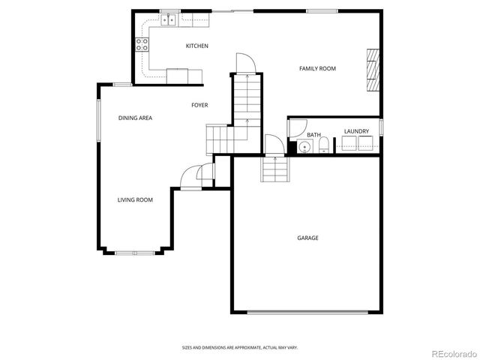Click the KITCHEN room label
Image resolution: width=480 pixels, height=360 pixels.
(x=197, y=46)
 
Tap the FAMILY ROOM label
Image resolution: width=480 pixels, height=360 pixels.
(x=317, y=69)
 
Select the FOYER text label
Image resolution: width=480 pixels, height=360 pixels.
(x=199, y=105)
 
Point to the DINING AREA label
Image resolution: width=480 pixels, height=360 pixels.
(x=136, y=118)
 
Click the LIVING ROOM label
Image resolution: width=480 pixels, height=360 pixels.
(x=135, y=199)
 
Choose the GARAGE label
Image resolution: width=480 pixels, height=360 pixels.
(x=307, y=238)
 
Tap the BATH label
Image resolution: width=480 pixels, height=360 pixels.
(x=313, y=136)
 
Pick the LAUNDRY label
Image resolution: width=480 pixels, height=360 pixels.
(x=356, y=131)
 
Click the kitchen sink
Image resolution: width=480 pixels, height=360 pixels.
(x=170, y=20)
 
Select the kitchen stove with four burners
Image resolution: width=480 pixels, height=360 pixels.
(x=141, y=45)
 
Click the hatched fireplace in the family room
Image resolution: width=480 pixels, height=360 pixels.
(x=373, y=70)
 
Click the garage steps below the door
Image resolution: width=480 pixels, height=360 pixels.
(x=274, y=170)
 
